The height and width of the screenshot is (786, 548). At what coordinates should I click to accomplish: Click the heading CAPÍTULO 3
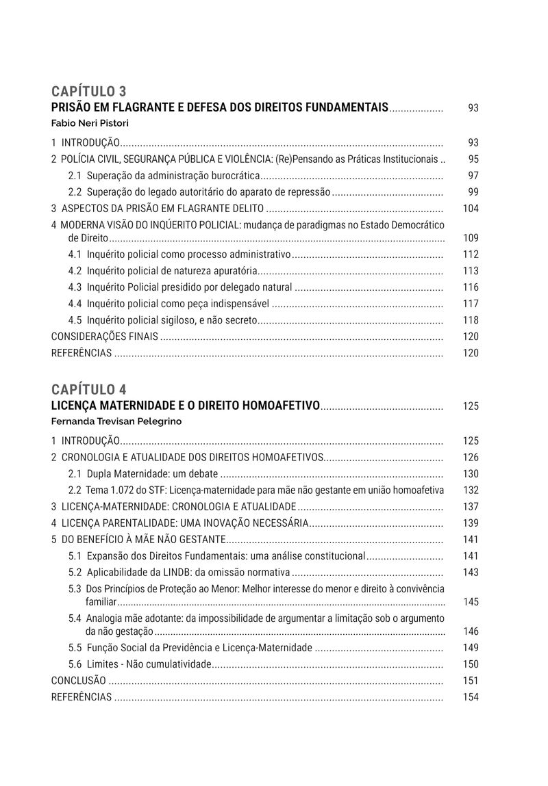click(x=88, y=92)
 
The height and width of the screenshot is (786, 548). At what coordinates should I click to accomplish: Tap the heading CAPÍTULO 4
click(x=88, y=390)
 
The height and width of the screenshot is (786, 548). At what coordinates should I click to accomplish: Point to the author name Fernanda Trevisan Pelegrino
click(x=116, y=421)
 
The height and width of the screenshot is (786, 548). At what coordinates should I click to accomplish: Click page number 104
click(x=471, y=209)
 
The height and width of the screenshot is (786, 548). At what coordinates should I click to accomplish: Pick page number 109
click(x=471, y=238)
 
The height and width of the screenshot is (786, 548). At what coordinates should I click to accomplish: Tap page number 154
click(x=471, y=697)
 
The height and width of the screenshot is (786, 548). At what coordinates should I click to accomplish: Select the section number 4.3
click(x=75, y=287)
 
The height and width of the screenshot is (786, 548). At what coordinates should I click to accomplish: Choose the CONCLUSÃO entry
click(x=79, y=681)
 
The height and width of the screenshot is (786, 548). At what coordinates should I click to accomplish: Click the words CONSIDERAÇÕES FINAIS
click(x=105, y=337)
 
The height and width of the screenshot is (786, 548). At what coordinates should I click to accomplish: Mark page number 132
click(x=471, y=490)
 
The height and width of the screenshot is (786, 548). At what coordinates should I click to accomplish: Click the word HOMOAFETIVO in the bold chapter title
click(x=282, y=406)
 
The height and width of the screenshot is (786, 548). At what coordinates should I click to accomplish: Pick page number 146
click(x=471, y=631)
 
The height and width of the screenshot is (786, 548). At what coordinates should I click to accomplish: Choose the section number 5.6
click(x=75, y=664)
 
